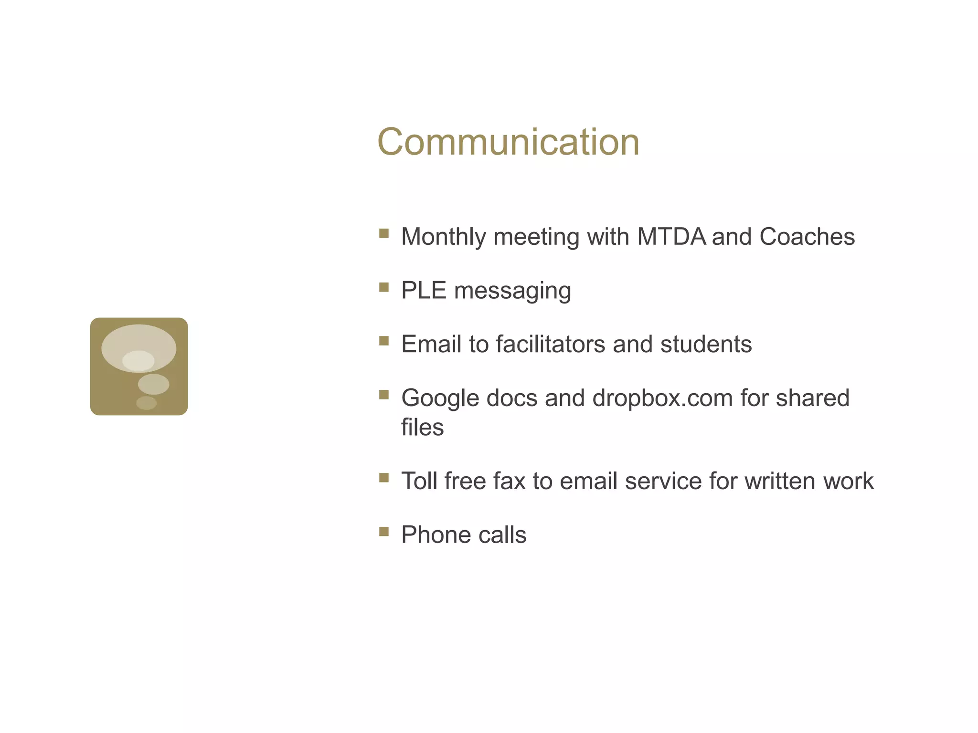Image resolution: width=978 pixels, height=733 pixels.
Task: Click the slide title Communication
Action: pyautogui.click(x=508, y=142)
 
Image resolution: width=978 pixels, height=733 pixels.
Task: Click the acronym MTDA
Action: pyautogui.click(x=671, y=237)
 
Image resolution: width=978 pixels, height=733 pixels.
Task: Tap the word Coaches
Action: pyautogui.click(x=807, y=237)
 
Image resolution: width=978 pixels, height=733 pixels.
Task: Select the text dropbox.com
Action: pyautogui.click(x=662, y=398)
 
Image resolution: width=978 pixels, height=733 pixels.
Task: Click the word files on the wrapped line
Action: pyautogui.click(x=422, y=427)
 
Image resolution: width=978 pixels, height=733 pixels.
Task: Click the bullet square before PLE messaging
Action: pyautogui.click(x=383, y=287)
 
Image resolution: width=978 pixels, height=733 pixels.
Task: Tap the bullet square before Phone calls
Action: pyautogui.click(x=383, y=532)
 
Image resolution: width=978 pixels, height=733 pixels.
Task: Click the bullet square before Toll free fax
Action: pyautogui.click(x=383, y=478)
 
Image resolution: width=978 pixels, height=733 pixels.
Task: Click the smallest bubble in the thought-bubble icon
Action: pyautogui.click(x=146, y=403)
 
